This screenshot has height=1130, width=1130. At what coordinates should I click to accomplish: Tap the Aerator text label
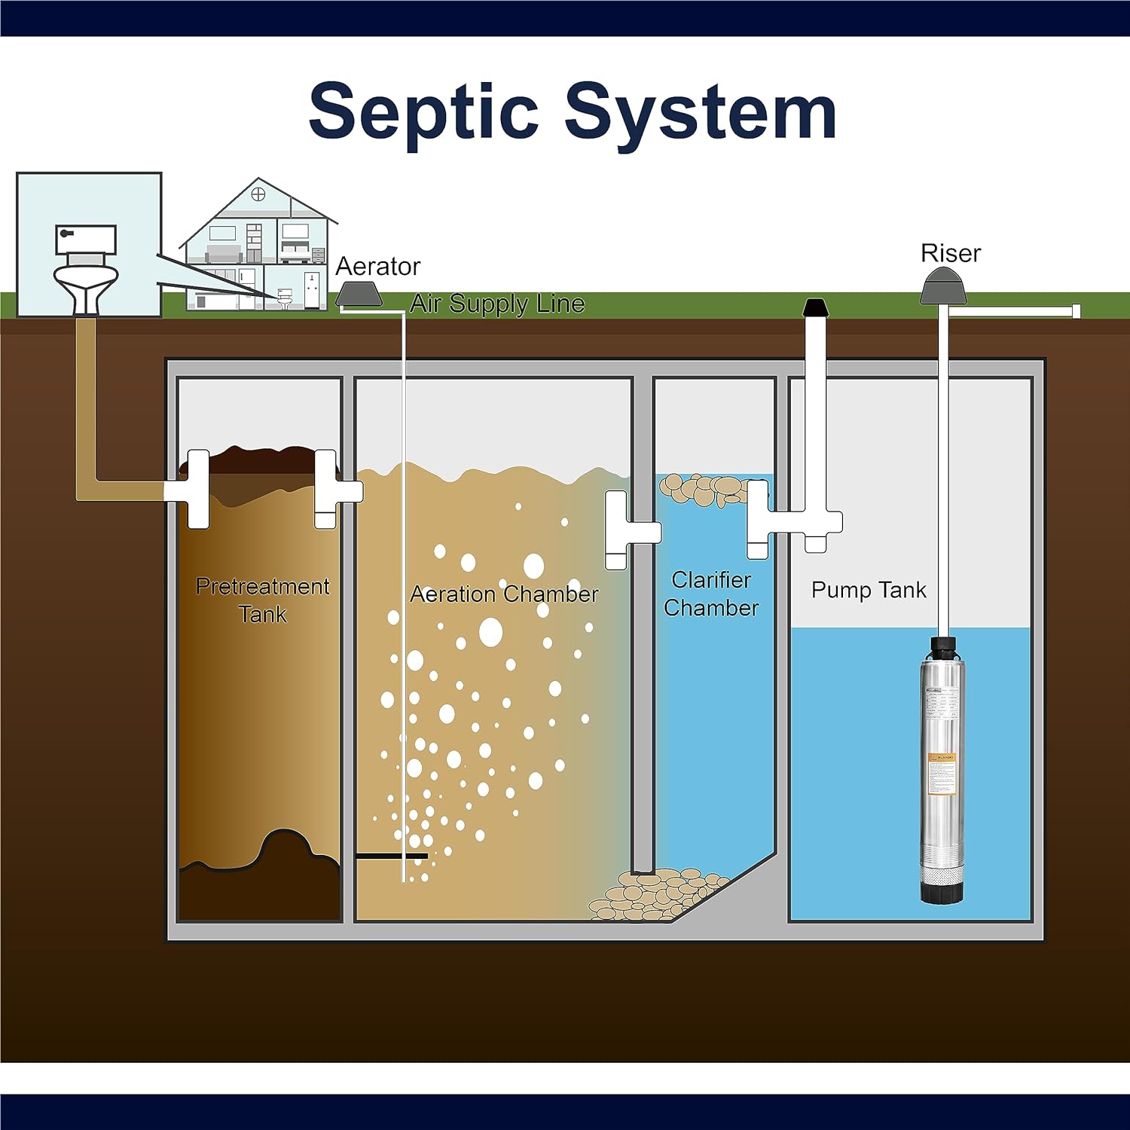pyautogui.click(x=377, y=266)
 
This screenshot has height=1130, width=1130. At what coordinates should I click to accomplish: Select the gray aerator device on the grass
pyautogui.click(x=358, y=293)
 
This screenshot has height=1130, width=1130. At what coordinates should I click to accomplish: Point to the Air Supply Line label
pyautogui.click(x=497, y=304)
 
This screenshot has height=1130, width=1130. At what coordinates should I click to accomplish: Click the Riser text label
pyautogui.click(x=950, y=253)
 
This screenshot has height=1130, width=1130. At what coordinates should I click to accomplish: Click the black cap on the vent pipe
pyautogui.click(x=815, y=307)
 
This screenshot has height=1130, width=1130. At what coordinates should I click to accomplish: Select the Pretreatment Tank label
pyautogui.click(x=262, y=600)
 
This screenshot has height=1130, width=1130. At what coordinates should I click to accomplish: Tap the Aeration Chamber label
pyautogui.click(x=504, y=594)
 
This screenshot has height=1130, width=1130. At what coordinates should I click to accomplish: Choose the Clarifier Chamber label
pyautogui.click(x=711, y=594)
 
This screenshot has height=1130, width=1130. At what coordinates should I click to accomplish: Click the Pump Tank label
pyautogui.click(x=868, y=590)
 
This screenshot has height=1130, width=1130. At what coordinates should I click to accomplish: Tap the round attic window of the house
pyautogui.click(x=258, y=195)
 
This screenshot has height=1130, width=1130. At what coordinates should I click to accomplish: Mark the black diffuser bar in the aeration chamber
pyautogui.click(x=391, y=856)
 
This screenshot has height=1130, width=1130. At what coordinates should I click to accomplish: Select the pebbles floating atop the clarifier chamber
pyautogui.click(x=704, y=489)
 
